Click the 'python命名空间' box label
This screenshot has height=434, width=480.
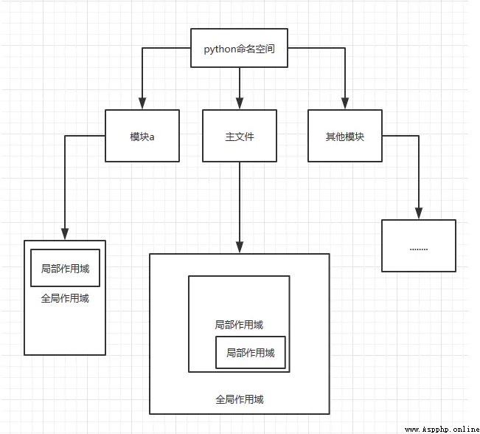coord(239,49)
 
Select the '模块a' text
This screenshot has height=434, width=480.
coord(142,137)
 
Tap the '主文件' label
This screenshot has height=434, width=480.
coord(240,137)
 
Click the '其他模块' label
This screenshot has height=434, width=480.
coord(344,137)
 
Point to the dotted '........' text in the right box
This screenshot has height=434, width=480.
coord(419,249)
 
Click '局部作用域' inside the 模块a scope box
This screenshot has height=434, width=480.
coord(65,269)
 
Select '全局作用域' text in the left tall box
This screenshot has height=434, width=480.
coord(65,298)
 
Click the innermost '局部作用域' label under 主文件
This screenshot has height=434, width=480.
coord(251,353)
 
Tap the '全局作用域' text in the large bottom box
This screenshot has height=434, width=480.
coord(240,399)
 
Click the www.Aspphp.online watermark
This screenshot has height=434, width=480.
coord(442,430)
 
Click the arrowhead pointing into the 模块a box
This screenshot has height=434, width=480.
coord(142,103)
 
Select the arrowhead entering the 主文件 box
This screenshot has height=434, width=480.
coord(240,103)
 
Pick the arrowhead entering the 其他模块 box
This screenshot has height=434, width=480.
coord(345,103)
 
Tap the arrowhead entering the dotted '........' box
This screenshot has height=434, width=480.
coord(419,213)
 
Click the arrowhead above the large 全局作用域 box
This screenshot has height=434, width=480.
coord(240,247)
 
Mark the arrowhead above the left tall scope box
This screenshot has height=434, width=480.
coord(65,234)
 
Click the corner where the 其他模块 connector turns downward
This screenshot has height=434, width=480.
coord(419,136)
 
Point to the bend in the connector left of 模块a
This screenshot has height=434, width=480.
coord(65,136)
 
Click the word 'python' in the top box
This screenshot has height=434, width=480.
coord(220,49)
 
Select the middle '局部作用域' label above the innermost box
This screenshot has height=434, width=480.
coord(239,325)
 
